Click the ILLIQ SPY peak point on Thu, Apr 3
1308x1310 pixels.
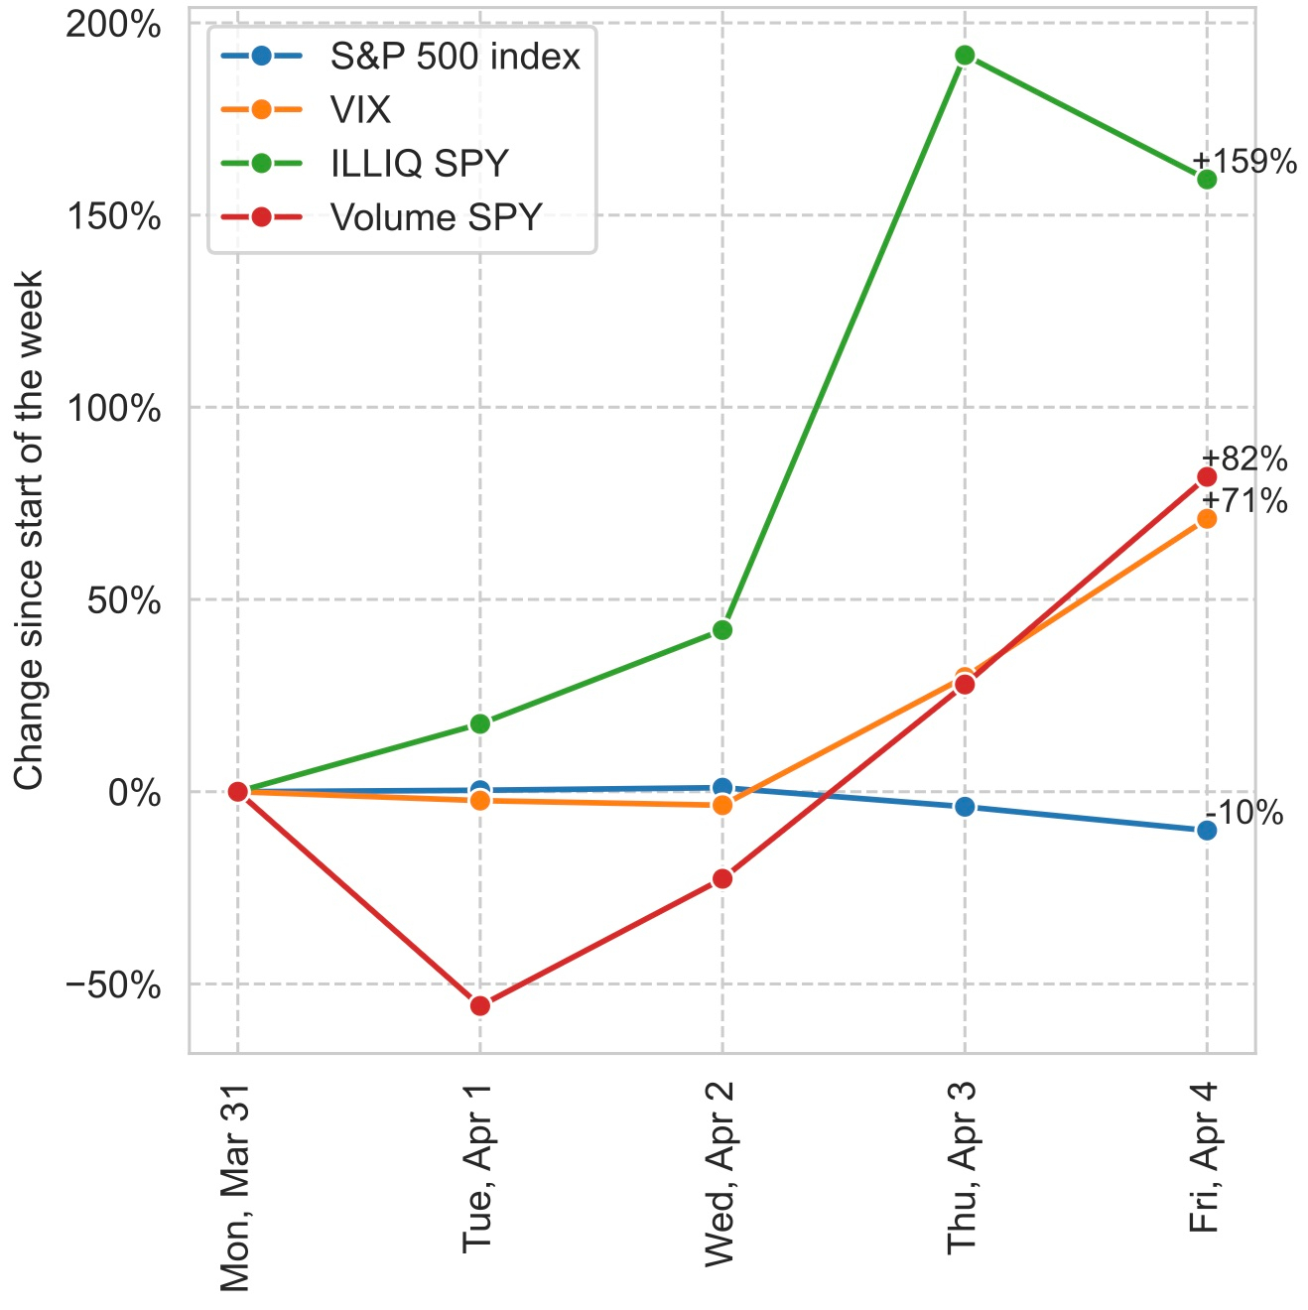(x=964, y=56)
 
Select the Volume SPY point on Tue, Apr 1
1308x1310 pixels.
(x=480, y=1005)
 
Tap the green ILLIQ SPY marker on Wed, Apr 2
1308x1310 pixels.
(x=722, y=630)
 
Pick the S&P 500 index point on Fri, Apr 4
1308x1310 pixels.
(x=1207, y=830)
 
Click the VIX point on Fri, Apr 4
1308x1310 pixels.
(x=1207, y=518)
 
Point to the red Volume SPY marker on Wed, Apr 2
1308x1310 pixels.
(x=722, y=878)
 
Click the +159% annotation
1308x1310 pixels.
(x=1244, y=161)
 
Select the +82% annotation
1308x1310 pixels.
(x=1244, y=459)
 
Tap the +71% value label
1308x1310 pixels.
(x=1244, y=501)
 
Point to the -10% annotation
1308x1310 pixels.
(x=1244, y=814)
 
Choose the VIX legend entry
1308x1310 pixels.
(x=361, y=109)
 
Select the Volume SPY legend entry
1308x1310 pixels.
(x=437, y=216)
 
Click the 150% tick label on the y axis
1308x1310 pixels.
(x=113, y=216)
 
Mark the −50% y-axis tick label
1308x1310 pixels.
(x=113, y=985)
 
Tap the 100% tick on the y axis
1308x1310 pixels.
(x=113, y=408)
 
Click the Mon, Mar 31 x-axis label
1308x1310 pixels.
(x=236, y=1185)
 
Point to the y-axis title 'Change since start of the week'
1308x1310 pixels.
(x=30, y=530)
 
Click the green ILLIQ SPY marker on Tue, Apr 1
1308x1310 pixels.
(x=480, y=723)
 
